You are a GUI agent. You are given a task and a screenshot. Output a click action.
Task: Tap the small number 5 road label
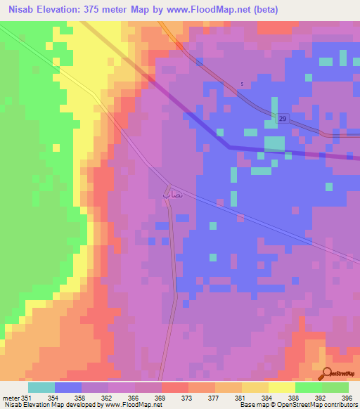pos(242,84)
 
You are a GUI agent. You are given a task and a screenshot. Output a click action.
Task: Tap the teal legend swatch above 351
pos(41,387)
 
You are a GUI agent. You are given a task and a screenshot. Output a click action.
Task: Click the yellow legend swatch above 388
pos(281,387)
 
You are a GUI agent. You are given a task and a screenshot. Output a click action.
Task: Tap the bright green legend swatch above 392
pos(308,387)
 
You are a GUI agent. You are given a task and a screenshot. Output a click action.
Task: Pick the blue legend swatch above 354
pos(67,387)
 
